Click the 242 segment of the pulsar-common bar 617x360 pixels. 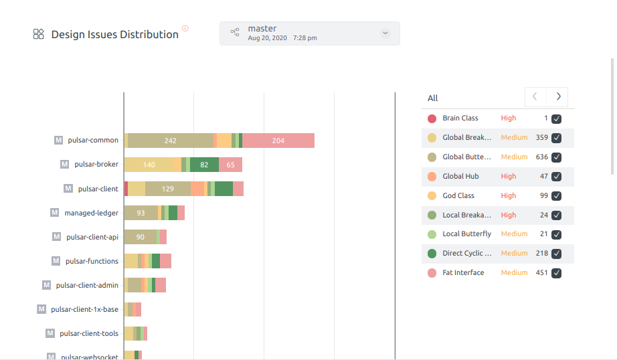click(170, 141)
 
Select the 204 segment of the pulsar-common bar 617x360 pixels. click(278, 141)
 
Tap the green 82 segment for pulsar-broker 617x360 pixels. click(204, 165)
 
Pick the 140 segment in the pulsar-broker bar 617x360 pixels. click(149, 165)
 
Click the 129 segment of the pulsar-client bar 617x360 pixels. click(167, 189)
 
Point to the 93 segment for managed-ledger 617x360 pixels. click(141, 213)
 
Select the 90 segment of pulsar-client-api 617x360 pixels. click(140, 237)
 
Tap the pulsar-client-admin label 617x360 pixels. click(87, 285)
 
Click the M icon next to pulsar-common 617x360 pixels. click(59, 141)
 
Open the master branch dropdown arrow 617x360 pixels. click(385, 33)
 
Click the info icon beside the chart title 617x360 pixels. click(185, 28)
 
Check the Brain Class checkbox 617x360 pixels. click(556, 119)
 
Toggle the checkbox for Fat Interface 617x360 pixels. click(556, 273)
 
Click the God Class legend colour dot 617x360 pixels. click(432, 196)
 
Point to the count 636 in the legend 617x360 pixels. click(541, 157)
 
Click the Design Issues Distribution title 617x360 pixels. click(114, 34)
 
